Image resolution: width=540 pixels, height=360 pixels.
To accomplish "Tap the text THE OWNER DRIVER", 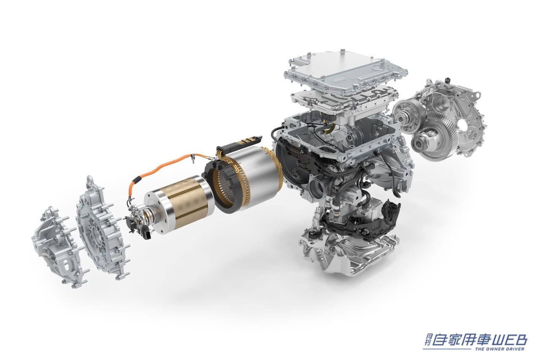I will point(499,349).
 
